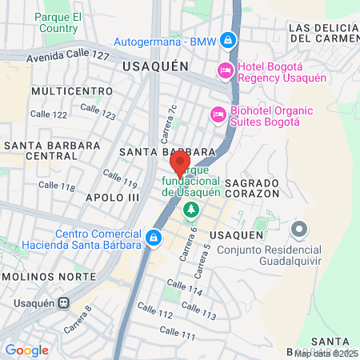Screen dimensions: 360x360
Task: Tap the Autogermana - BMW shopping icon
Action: [228, 39]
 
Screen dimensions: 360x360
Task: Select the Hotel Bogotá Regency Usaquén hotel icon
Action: [226, 71]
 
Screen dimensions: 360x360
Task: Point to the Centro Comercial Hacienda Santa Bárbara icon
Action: [153, 238]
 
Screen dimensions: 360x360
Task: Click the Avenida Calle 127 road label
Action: [67, 57]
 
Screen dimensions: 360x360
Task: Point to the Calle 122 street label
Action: [49, 114]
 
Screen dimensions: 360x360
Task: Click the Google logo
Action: [26, 350]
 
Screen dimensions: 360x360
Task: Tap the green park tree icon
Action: [190, 210]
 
